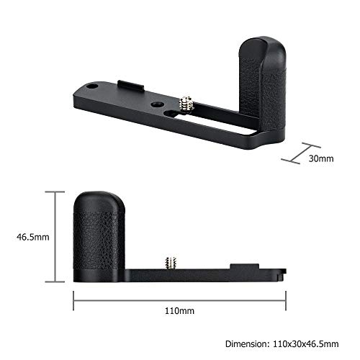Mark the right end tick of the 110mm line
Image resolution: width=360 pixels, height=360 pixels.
point(286,295)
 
